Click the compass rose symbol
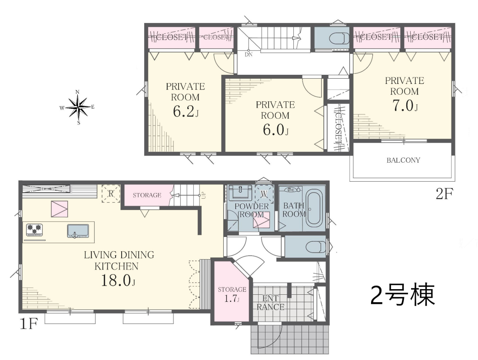pyautogui.click(x=78, y=107)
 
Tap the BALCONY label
pyautogui.click(x=403, y=160)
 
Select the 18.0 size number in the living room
pyautogui.click(x=118, y=280)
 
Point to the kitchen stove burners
pyautogui.click(x=34, y=230)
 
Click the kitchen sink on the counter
pyautogui.click(x=78, y=231)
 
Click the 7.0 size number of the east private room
pyautogui.click(x=405, y=106)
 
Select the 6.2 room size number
pyautogui.click(x=186, y=111)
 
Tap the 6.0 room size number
pyautogui.click(x=276, y=130)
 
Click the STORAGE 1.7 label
pyautogui.click(x=232, y=294)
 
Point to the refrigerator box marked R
pyautogui.click(x=111, y=193)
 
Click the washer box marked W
pyautogui.click(x=264, y=193)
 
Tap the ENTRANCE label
pyautogui.click(x=270, y=303)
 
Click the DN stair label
pyautogui.click(x=249, y=55)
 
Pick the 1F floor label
pyautogui.click(x=28, y=323)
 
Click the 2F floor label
pyautogui.click(x=445, y=193)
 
